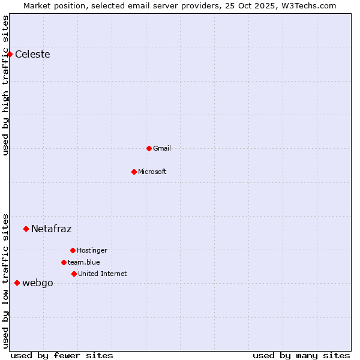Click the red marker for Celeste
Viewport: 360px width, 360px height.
10,55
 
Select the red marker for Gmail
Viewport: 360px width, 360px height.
149,148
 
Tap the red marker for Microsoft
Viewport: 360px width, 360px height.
134,172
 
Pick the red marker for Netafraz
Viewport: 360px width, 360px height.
26,229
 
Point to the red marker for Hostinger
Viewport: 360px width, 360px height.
73,250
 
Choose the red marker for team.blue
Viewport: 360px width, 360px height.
64,262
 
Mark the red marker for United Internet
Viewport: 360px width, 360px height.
74,274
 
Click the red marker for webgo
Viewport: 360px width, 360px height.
17,283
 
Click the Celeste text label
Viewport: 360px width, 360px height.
32,55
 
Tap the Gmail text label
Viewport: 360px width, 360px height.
162,148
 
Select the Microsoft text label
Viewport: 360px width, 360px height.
152,172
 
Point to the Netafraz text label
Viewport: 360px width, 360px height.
52,229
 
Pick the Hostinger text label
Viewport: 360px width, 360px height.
92,250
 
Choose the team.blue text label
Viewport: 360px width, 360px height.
84,262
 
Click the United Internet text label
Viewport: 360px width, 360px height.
103,274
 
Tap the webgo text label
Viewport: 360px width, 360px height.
38,283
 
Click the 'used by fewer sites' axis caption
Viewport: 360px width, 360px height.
62,355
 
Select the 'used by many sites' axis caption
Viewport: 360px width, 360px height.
301,355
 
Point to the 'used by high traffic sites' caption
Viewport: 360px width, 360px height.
6,85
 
